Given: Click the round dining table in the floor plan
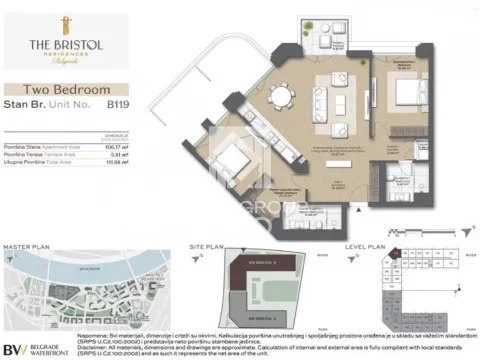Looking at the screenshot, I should pyautogui.click(x=286, y=97).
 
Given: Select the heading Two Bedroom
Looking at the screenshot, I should pyautogui.click(x=71, y=90).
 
